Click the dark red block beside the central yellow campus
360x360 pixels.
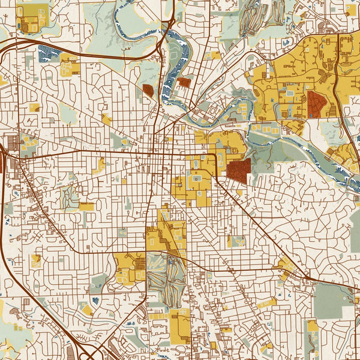(238, 170)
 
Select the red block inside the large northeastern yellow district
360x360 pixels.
(316, 103)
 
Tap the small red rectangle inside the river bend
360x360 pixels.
(184, 82)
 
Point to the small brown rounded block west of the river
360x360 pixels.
(148, 91)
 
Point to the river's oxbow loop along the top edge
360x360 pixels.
(129, 18)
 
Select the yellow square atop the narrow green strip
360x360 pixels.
(86, 206)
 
